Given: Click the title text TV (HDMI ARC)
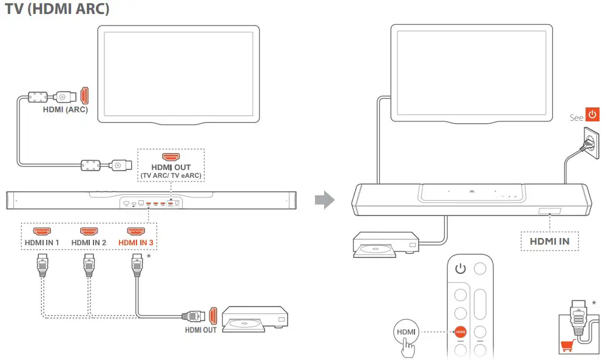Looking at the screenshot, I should click(58, 10).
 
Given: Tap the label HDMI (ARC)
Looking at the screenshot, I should click(65, 110).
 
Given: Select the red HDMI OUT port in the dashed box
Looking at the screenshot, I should click(171, 157).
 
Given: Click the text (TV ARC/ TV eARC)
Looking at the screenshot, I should click(171, 176).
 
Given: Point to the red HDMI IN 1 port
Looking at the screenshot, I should click(42, 232).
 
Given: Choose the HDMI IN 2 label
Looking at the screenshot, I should click(89, 243).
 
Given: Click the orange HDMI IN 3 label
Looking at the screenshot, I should click(135, 243).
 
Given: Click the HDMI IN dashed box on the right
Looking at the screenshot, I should click(549, 241).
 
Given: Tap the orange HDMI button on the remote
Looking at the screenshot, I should click(461, 332).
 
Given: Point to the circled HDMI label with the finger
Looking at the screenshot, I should click(405, 332).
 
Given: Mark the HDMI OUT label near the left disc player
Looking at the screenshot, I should click(201, 331).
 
